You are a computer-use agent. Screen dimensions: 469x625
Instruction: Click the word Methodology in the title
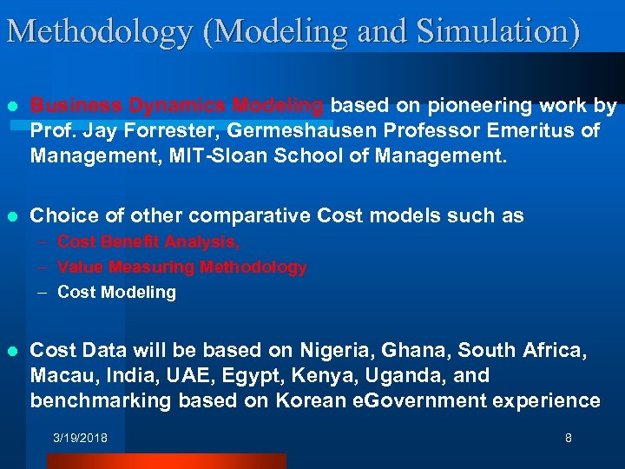pyautogui.click(x=99, y=31)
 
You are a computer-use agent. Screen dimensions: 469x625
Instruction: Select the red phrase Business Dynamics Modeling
pyautogui.click(x=178, y=106)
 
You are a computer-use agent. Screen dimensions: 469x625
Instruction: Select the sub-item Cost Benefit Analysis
pyautogui.click(x=148, y=242)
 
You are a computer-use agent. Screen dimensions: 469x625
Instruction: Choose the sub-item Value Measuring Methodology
pyautogui.click(x=181, y=268)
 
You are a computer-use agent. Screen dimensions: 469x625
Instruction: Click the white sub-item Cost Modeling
pyautogui.click(x=116, y=293)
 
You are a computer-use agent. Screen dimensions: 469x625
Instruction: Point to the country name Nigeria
pyautogui.click(x=332, y=351)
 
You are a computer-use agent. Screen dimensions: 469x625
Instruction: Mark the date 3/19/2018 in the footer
pyautogui.click(x=80, y=439)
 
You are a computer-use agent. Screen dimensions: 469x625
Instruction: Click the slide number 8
pyautogui.click(x=569, y=439)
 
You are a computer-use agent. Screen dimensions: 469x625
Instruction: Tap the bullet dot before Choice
pyautogui.click(x=11, y=216)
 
